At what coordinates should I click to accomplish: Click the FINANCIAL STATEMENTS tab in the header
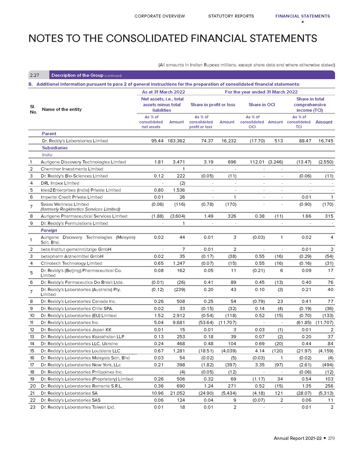coord(302,16)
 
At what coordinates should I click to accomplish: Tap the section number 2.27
coord(36,75)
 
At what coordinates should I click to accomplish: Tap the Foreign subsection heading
coord(49,230)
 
